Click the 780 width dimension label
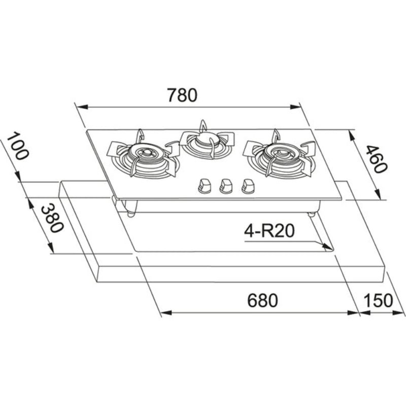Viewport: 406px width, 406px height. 182,95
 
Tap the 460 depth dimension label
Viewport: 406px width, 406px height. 375,159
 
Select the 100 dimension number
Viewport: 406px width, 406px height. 17,146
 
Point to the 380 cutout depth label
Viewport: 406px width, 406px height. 53,218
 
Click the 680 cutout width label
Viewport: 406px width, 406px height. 262,300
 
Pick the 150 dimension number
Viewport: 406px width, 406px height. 378,300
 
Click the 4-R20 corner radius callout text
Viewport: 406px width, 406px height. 269,231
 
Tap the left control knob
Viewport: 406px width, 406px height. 205,186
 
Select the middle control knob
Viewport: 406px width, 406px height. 226,186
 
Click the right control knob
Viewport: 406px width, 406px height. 248,186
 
